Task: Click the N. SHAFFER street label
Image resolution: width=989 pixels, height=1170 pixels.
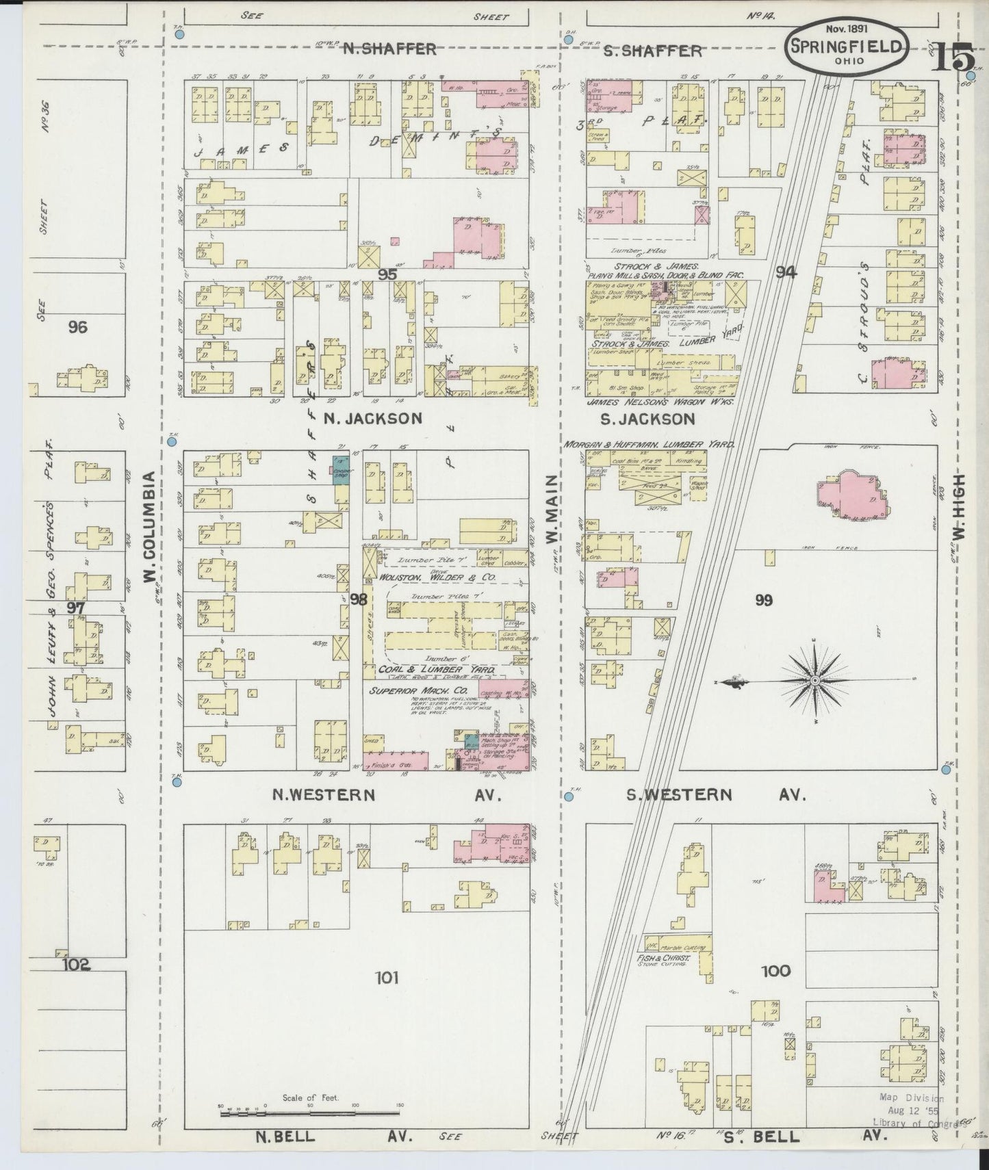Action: [389, 49]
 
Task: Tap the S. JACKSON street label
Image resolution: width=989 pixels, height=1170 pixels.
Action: [642, 419]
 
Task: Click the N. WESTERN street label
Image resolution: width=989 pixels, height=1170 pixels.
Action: [324, 794]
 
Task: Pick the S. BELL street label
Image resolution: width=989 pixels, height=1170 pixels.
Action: [761, 1136]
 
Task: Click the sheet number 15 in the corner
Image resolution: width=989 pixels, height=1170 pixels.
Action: [951, 58]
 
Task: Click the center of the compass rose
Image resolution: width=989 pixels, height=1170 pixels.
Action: [815, 681]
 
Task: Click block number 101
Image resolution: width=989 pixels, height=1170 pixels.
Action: [387, 978]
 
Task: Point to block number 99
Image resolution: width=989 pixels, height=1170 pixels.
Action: [764, 600]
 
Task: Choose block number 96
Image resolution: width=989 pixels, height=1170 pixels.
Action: [77, 327]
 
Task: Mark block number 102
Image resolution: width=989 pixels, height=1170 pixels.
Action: [75, 965]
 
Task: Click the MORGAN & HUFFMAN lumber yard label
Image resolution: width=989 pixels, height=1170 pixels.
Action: [649, 444]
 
